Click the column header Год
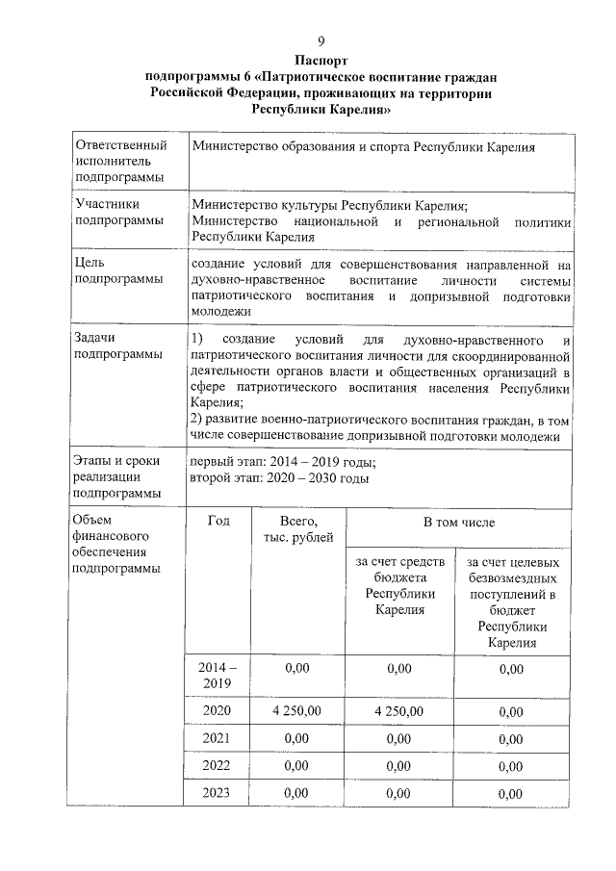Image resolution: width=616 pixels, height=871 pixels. click(x=218, y=521)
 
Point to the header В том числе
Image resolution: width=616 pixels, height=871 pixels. click(x=460, y=522)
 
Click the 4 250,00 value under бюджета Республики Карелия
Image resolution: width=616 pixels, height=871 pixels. click(x=398, y=711)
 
